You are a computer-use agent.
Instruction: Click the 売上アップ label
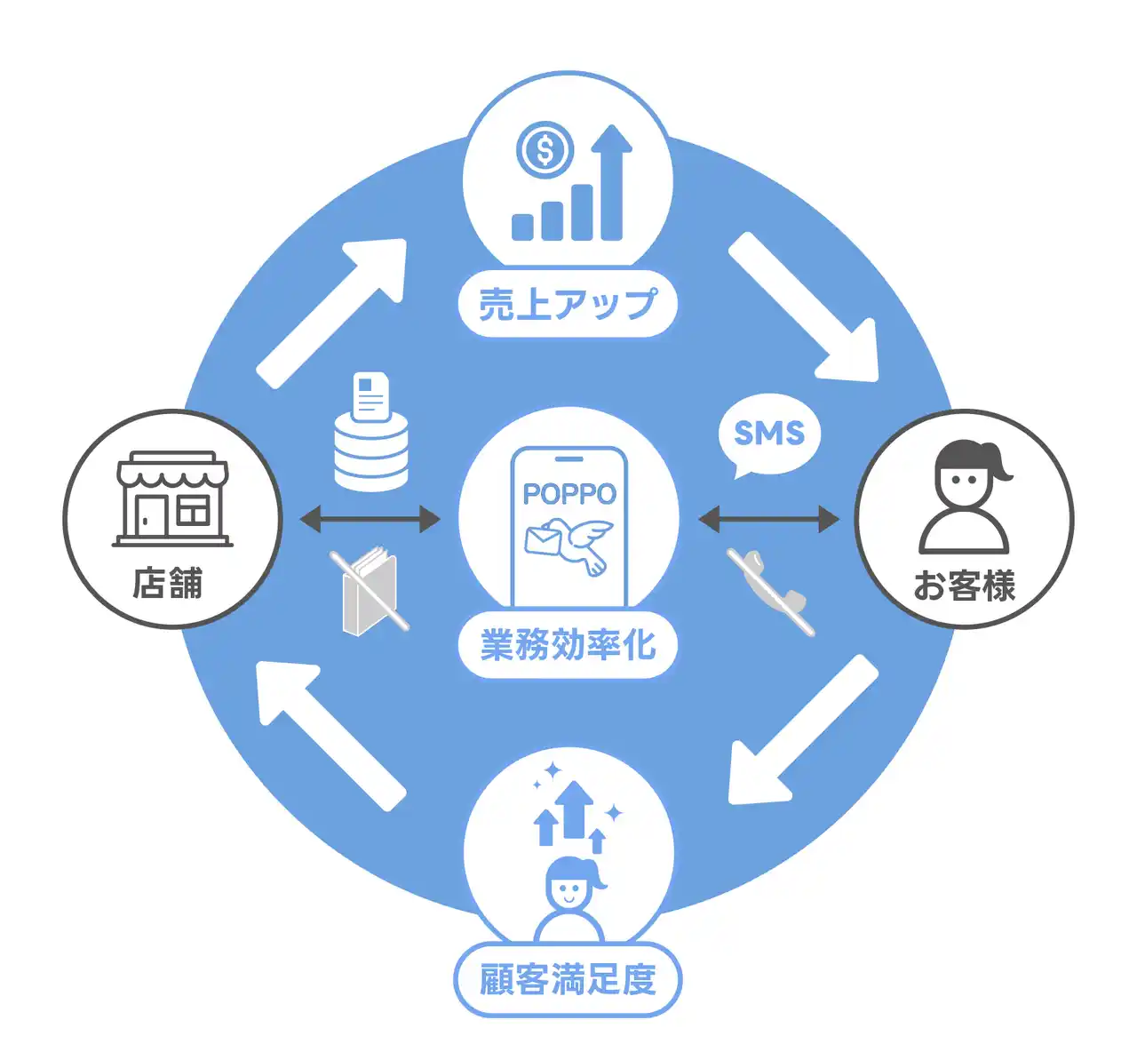[x=568, y=304]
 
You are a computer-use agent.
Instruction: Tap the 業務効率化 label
[x=568, y=645]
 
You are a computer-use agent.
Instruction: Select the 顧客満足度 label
[x=568, y=979]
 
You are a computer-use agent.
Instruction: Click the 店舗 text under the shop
[x=168, y=584]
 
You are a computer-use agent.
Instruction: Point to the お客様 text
[x=964, y=586]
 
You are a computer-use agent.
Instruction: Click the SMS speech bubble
[x=768, y=434]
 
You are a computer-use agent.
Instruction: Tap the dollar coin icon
[x=545, y=149]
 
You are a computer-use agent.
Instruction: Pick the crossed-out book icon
[x=370, y=590]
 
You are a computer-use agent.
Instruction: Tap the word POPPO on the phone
[x=568, y=494]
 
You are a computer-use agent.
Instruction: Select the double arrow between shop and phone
[x=370, y=518]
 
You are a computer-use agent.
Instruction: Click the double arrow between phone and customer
[x=768, y=518]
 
